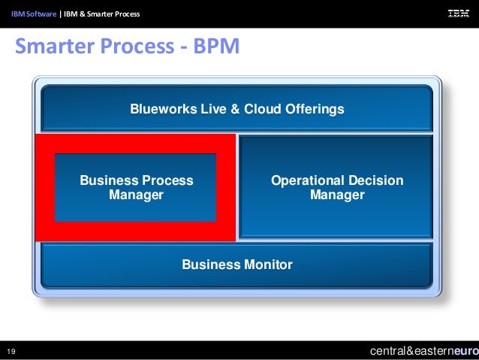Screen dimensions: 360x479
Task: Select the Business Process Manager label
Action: tap(136, 188)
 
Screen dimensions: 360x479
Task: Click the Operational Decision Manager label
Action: tap(336, 188)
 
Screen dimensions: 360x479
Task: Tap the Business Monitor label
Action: tap(236, 265)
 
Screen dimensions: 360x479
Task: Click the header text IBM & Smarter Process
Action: tap(102, 14)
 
